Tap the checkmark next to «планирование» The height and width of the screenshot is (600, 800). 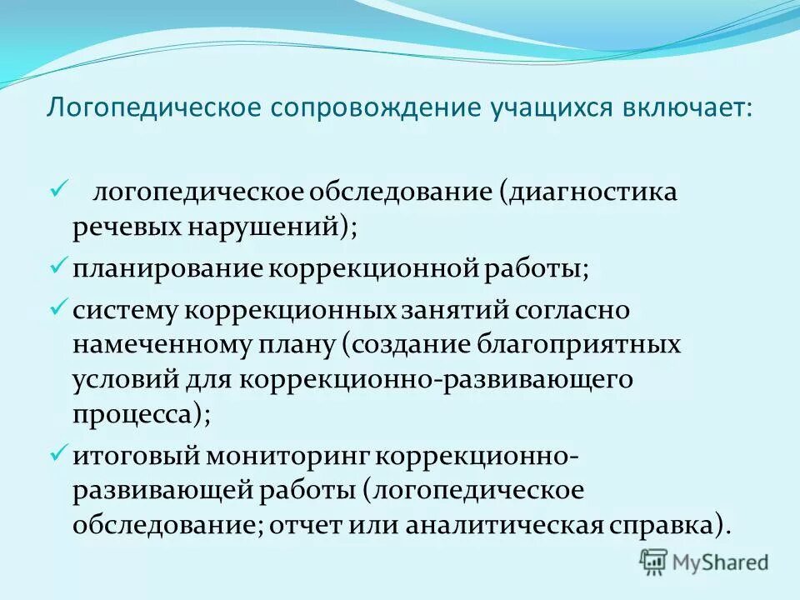coord(58,267)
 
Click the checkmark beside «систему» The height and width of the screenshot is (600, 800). coord(58,307)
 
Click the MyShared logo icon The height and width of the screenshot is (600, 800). coord(653,562)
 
